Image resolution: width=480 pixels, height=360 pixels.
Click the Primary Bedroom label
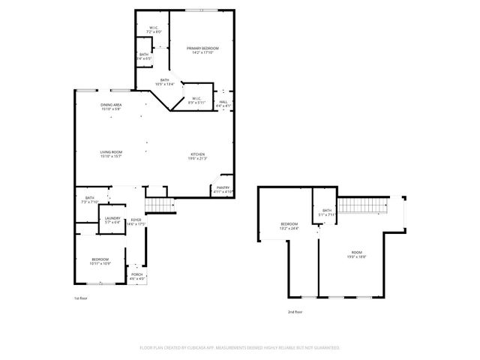(x=199, y=51)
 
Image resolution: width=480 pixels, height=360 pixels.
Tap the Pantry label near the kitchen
(x=223, y=190)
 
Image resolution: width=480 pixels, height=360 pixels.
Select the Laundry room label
(x=112, y=220)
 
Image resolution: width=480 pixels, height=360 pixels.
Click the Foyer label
(x=136, y=221)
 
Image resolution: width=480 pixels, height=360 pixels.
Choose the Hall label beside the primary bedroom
(x=223, y=103)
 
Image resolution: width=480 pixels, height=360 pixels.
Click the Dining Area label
(x=111, y=106)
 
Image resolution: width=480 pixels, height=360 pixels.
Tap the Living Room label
(x=111, y=154)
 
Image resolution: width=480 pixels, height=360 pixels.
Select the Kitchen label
(x=197, y=156)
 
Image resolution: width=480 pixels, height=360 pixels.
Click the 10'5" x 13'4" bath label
(x=164, y=82)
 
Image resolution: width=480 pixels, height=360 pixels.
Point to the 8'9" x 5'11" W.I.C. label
(x=196, y=100)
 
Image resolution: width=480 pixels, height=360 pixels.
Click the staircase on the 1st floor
(x=157, y=204)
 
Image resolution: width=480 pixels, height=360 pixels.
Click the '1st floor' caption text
(x=81, y=298)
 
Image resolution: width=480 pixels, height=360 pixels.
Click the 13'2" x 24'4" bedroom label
(x=289, y=226)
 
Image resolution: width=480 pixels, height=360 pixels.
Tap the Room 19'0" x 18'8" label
(x=356, y=254)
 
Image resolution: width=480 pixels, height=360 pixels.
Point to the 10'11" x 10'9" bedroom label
(x=100, y=261)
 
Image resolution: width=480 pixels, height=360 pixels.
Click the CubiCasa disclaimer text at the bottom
(x=240, y=348)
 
